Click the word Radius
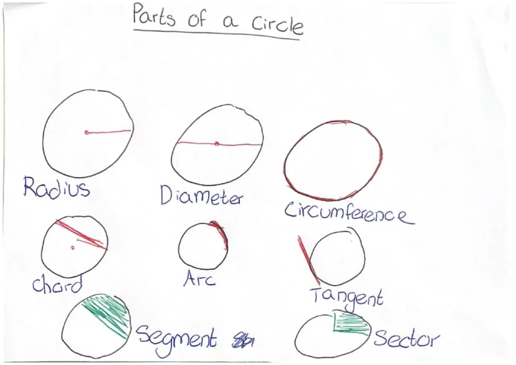[x=56, y=187]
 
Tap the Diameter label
[x=201, y=195]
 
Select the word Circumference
[x=349, y=214]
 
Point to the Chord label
[x=57, y=285]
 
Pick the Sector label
[x=407, y=338]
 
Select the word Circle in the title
[x=277, y=24]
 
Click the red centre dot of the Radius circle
[x=87, y=133]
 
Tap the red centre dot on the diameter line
[x=216, y=143]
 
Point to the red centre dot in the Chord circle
[x=73, y=248]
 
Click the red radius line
[x=108, y=132]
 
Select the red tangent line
[x=308, y=260]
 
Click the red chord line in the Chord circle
[x=82, y=235]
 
